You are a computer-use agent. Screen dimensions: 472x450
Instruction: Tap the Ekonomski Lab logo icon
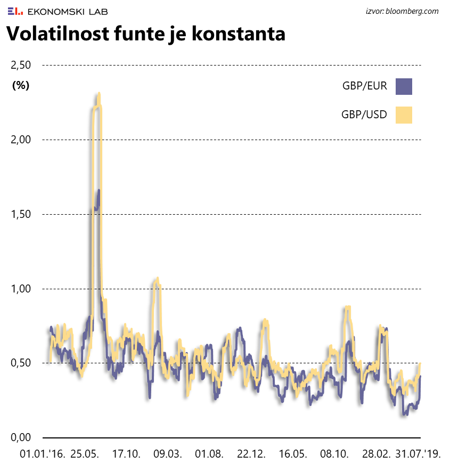[15, 11]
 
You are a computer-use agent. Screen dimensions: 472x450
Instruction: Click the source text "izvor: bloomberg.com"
[402, 11]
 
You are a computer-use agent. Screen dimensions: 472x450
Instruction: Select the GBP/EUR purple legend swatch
[404, 86]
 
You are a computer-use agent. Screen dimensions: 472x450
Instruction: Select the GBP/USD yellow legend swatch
[404, 115]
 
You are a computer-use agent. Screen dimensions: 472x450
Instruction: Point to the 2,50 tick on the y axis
[21, 65]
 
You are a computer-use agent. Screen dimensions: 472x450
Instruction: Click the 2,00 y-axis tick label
[21, 140]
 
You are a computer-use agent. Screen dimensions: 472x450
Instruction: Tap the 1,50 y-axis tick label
[21, 214]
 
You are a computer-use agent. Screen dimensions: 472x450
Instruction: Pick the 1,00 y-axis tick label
[21, 289]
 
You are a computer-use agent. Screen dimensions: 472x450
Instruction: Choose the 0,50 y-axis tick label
[21, 363]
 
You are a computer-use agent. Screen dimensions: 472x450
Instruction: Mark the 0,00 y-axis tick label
[21, 438]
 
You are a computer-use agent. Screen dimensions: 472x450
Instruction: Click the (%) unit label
[21, 85]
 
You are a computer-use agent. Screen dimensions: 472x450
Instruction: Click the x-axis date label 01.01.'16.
[42, 454]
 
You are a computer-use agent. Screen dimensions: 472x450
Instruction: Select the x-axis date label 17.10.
[127, 454]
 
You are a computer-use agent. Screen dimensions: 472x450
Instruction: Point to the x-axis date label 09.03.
[167, 454]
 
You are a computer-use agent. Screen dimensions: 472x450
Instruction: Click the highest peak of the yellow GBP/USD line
[99, 94]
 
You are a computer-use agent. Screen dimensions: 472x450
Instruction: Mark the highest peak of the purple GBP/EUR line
[99, 190]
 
